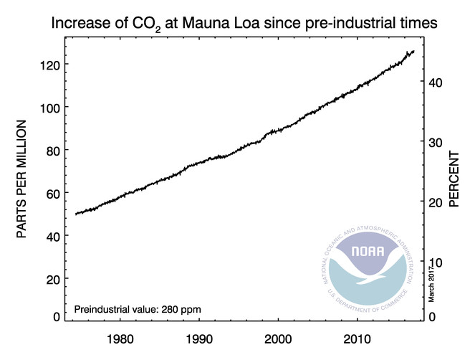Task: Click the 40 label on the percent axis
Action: (x=436, y=82)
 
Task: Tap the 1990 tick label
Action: (x=198, y=338)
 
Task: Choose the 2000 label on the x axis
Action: (x=277, y=338)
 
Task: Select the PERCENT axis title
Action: (x=454, y=179)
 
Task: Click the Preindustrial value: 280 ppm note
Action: (x=138, y=309)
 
